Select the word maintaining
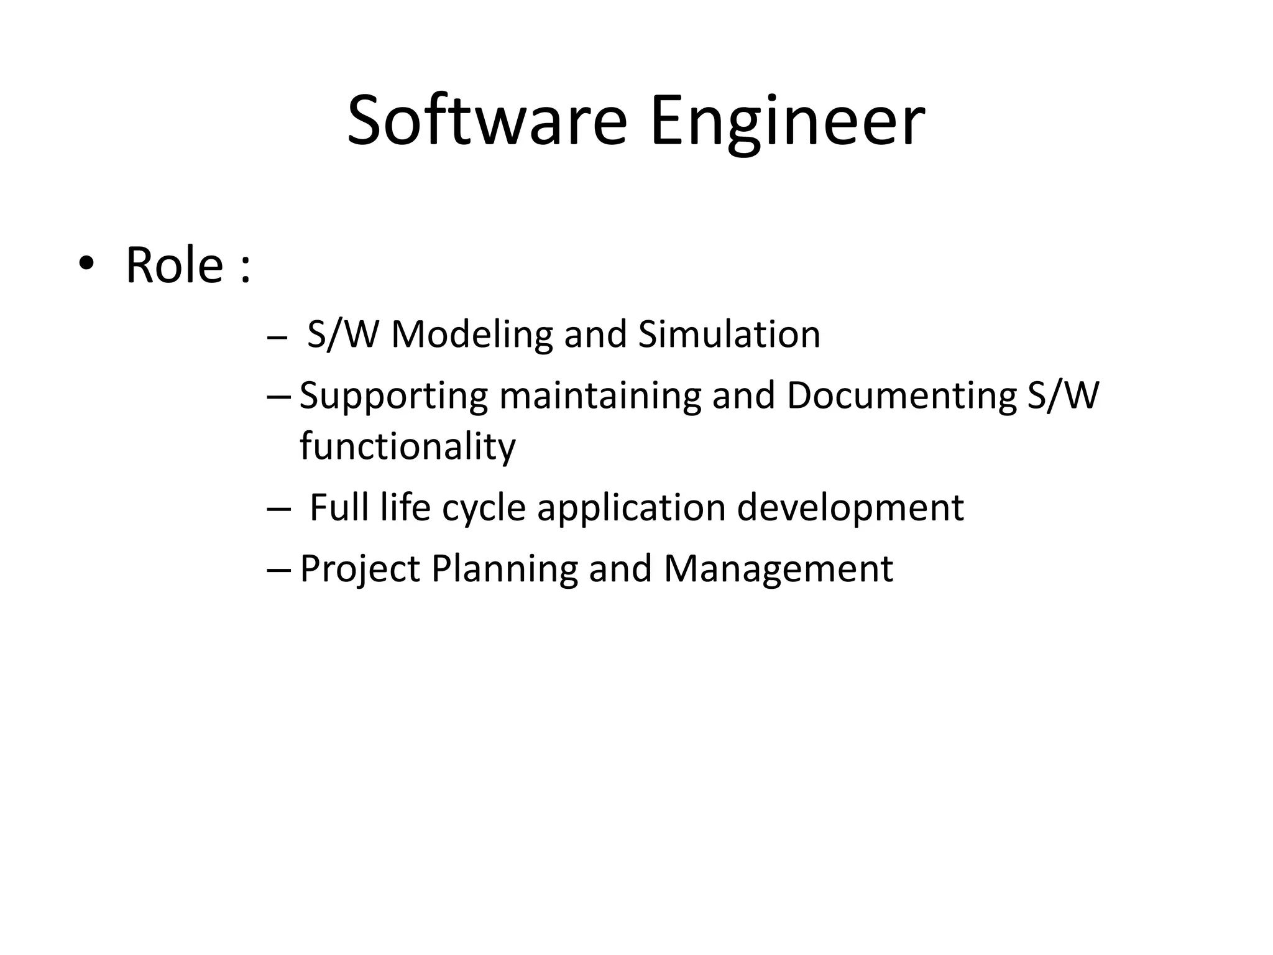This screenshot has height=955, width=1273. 600,395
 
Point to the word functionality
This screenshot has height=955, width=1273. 408,446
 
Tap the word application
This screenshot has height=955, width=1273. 631,509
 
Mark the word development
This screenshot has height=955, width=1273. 850,509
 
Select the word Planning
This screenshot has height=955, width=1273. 504,570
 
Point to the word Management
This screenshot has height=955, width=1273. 778,568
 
